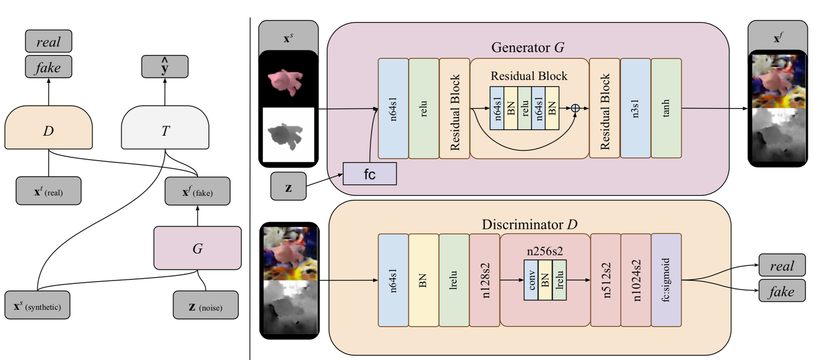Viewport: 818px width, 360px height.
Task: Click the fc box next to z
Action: [369, 173]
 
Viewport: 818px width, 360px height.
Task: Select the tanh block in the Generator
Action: [666, 108]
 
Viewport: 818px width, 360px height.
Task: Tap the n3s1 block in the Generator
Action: [635, 108]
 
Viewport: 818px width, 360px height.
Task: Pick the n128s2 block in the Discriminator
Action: [485, 280]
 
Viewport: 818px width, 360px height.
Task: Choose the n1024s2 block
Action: [635, 280]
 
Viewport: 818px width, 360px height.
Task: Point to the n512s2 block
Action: [605, 280]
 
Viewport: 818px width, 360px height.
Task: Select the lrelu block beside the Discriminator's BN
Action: [454, 280]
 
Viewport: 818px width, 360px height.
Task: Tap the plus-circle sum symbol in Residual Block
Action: [575, 108]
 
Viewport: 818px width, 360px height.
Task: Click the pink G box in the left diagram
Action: [197, 248]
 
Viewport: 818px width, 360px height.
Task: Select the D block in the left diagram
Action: [48, 131]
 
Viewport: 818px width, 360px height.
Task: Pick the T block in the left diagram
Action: [165, 131]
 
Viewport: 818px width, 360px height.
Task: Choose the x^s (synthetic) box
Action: [37, 306]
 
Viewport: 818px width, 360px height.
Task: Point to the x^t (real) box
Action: [48, 191]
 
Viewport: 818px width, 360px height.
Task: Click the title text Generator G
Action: [528, 48]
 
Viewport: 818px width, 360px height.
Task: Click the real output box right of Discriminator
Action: [782, 265]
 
